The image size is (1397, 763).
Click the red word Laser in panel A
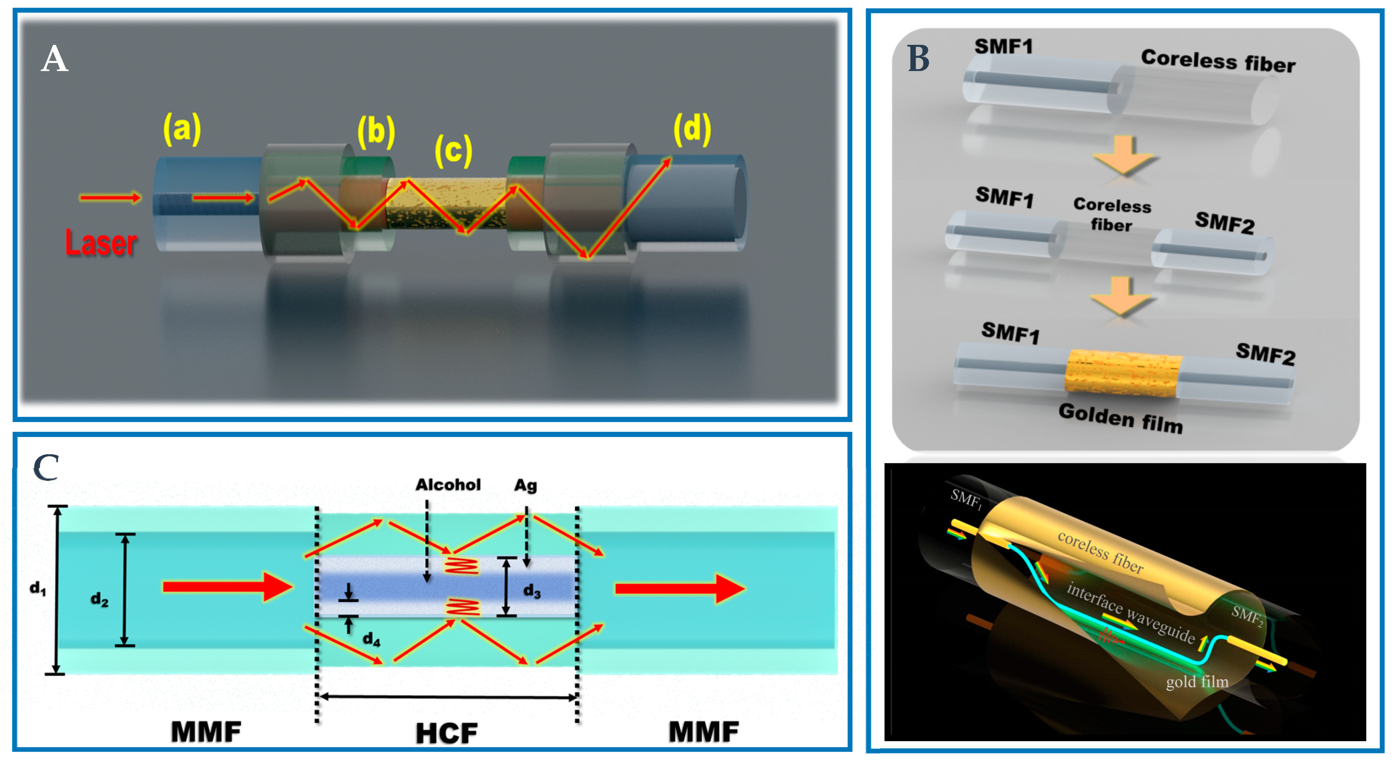click(x=101, y=243)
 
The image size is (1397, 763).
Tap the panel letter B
click(x=918, y=59)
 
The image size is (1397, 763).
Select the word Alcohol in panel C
click(x=448, y=485)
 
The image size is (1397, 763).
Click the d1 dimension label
click(x=38, y=588)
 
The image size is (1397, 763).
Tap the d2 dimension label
click(x=99, y=599)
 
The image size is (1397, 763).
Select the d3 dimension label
click(x=531, y=591)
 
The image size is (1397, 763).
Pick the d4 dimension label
click(x=372, y=639)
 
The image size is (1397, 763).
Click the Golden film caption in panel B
click(x=1120, y=418)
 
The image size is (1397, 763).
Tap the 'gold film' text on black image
click(x=1197, y=682)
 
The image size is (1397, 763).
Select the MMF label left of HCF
click(x=206, y=732)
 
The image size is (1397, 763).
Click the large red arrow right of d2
click(x=228, y=587)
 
